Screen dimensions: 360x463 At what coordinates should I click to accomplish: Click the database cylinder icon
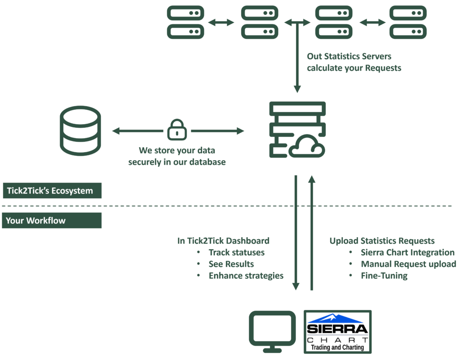pyautogui.click(x=80, y=131)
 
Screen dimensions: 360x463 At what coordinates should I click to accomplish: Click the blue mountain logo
pyautogui.click(x=335, y=318)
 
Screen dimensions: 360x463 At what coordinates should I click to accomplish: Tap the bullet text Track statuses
pyautogui.click(x=236, y=252)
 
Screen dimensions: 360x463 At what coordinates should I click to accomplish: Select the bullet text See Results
pyautogui.click(x=231, y=264)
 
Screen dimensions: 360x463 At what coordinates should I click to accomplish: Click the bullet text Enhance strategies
pyautogui.click(x=246, y=276)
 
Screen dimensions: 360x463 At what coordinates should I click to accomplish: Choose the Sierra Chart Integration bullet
pyautogui.click(x=407, y=252)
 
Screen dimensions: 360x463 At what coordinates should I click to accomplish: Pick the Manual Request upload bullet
pyautogui.click(x=408, y=264)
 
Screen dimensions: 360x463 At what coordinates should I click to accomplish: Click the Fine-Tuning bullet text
pyautogui.click(x=384, y=276)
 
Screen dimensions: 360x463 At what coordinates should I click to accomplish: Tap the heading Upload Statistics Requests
pyautogui.click(x=382, y=241)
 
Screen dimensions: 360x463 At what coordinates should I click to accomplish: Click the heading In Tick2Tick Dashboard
pyautogui.click(x=223, y=241)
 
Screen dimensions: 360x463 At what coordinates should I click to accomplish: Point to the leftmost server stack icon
pyautogui.click(x=185, y=22)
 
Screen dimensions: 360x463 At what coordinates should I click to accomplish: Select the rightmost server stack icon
pyautogui.click(x=408, y=22)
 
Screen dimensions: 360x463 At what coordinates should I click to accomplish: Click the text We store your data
pyautogui.click(x=177, y=150)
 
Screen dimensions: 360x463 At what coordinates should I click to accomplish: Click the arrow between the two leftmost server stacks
pyautogui.click(x=222, y=22)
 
